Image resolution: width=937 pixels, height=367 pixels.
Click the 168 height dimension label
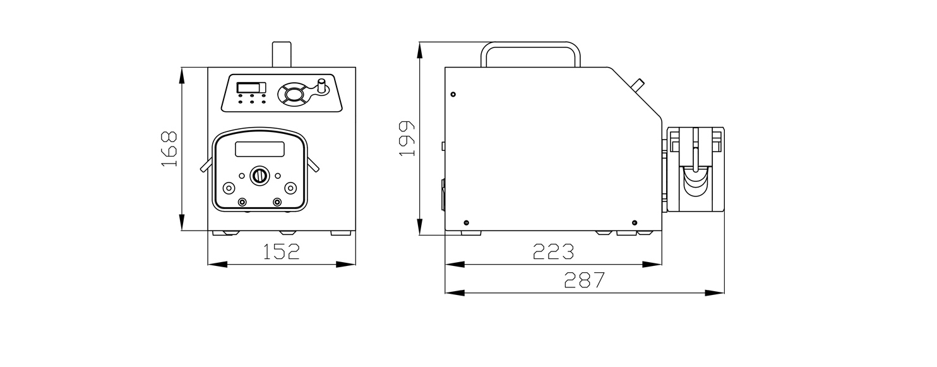(x=169, y=149)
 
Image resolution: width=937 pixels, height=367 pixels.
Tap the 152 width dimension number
(x=281, y=251)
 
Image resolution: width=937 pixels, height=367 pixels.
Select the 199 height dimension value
(x=407, y=138)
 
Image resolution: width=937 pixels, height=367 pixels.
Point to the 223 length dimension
(x=553, y=251)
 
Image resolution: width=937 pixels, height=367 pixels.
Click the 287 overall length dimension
(x=585, y=280)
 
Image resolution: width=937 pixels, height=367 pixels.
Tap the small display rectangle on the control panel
(x=251, y=87)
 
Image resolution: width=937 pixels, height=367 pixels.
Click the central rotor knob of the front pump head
(x=260, y=176)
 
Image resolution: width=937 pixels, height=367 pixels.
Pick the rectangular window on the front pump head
(x=260, y=149)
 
